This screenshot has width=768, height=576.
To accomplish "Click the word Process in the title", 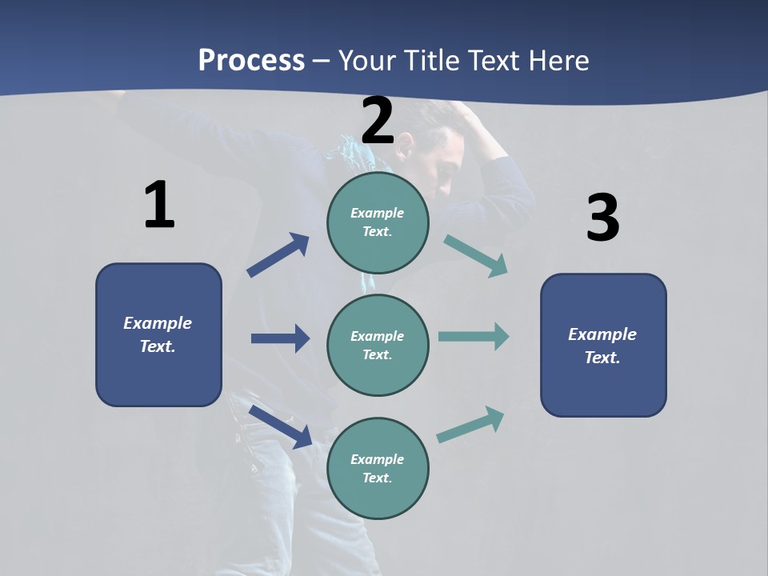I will point(251,61).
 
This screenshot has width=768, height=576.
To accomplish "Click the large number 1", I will point(159,206).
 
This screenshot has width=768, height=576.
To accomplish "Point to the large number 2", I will point(378,122).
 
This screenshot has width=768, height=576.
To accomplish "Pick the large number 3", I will point(602,218).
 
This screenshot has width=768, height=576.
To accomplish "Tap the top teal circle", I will point(378,222).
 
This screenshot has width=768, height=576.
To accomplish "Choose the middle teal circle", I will point(378,345).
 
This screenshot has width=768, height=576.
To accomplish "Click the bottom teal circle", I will point(378,468).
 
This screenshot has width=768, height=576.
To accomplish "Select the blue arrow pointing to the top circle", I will point(278,255).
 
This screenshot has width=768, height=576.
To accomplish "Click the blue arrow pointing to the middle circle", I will point(281,338).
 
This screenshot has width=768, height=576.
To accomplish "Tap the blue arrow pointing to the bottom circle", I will point(281,426).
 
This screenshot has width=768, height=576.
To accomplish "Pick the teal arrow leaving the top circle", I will point(476,255).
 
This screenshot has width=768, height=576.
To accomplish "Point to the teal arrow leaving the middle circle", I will point(474,336).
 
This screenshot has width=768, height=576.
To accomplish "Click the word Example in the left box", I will point(158,323).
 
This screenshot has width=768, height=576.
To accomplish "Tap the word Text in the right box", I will point(602,358).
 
